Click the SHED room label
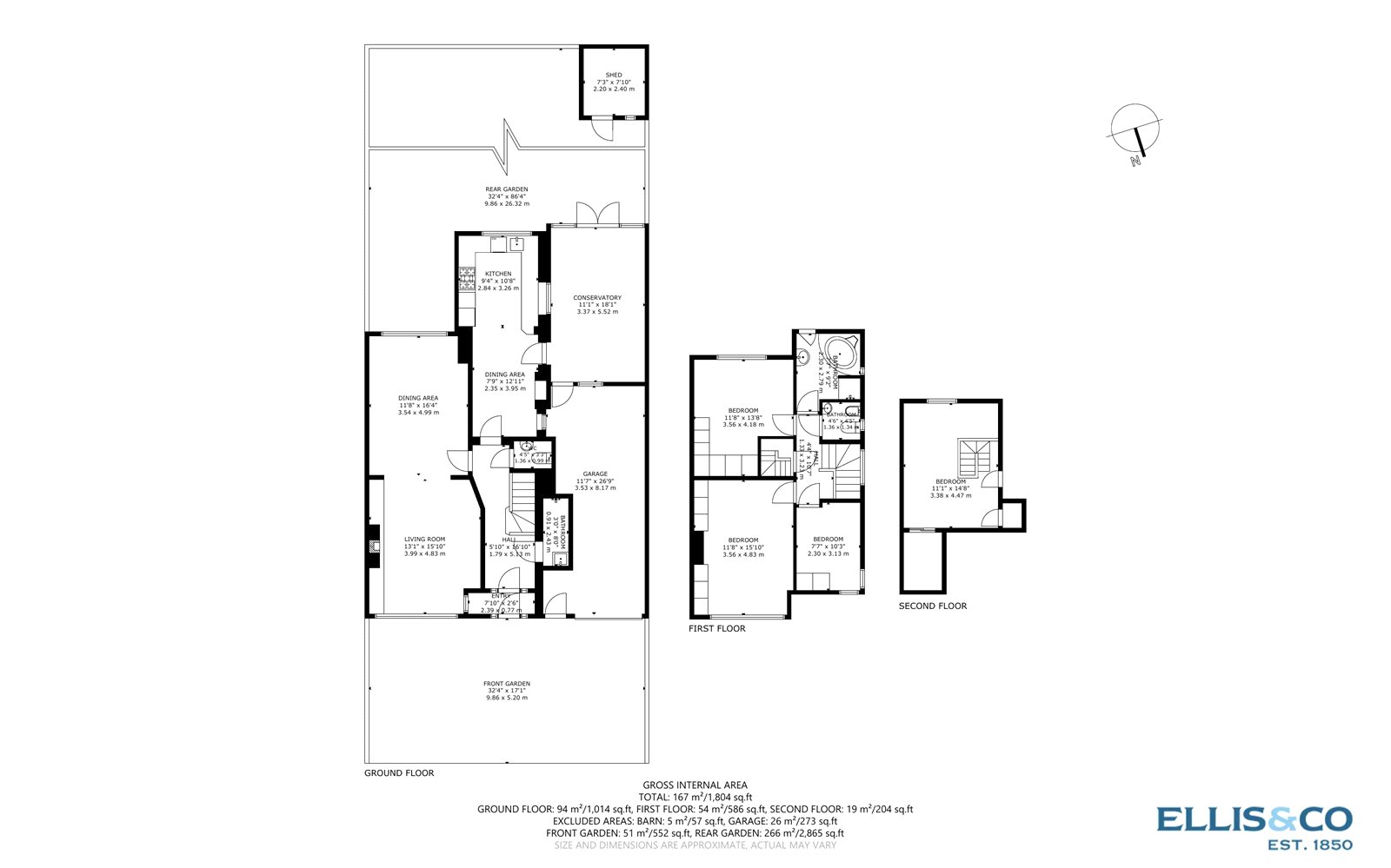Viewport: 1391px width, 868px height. [x=614, y=76]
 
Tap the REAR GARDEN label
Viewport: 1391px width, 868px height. [x=506, y=189]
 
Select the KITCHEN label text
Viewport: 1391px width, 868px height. [x=498, y=274]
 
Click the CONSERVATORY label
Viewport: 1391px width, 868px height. [x=597, y=298]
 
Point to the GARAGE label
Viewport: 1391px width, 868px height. [x=596, y=474]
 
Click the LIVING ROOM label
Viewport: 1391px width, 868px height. [x=424, y=540]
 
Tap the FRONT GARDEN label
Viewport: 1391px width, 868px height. [x=507, y=684]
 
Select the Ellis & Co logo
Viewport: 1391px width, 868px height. [x=1254, y=825]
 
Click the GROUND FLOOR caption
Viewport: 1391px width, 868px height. [x=399, y=773]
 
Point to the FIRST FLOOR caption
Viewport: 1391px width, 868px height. [x=717, y=629]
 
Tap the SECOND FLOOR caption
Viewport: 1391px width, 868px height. [x=933, y=606]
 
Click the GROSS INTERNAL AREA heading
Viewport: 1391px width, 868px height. [x=695, y=785]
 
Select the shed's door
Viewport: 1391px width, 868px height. [x=601, y=129]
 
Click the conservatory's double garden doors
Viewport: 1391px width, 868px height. [x=598, y=214]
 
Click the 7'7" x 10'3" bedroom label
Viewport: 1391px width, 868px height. [x=829, y=540]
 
